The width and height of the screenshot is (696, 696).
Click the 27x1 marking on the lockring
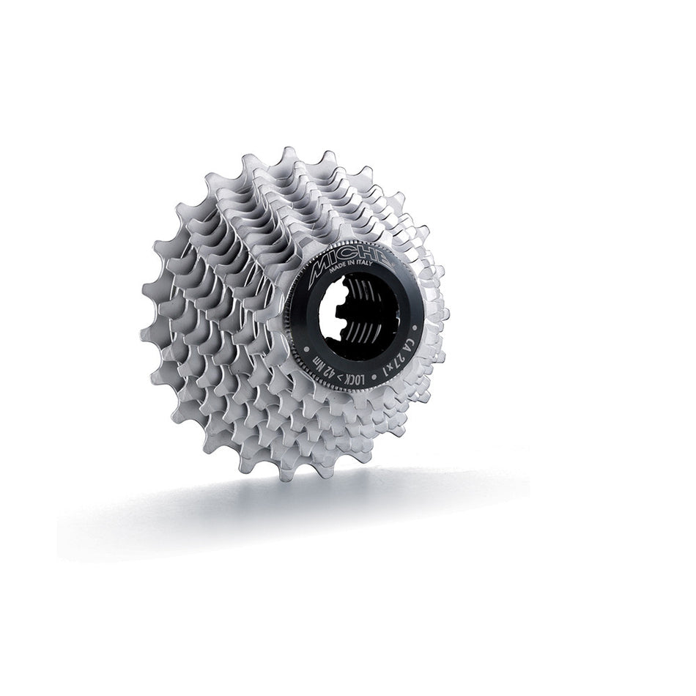[393, 366]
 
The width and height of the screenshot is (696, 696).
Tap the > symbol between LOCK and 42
[341, 377]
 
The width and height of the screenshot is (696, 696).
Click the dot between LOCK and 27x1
[374, 377]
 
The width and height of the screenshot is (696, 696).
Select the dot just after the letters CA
[414, 327]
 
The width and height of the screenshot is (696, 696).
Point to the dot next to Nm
[306, 349]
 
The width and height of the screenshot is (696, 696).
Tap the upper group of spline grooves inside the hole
[363, 289]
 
